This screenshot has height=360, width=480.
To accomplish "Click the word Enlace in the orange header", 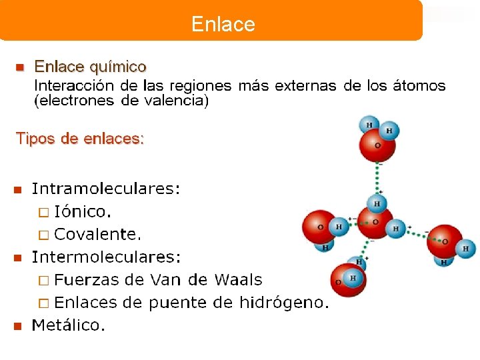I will point(223,25).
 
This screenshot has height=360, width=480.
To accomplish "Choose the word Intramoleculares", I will point(105,189).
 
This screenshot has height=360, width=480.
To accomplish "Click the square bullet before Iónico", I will point(43,213).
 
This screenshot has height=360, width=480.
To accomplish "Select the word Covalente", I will point(97,234).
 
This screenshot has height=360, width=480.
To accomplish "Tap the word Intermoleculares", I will point(106,257).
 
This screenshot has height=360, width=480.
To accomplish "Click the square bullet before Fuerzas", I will point(43,281).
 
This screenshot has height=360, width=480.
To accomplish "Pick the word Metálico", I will point(69,325).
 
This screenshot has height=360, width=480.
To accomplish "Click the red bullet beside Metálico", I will point(18,326).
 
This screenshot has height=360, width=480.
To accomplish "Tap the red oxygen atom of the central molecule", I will point(375,222).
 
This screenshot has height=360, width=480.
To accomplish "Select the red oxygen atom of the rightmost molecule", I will point(444,239).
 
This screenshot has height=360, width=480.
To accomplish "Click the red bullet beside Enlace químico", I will point(19,67).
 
